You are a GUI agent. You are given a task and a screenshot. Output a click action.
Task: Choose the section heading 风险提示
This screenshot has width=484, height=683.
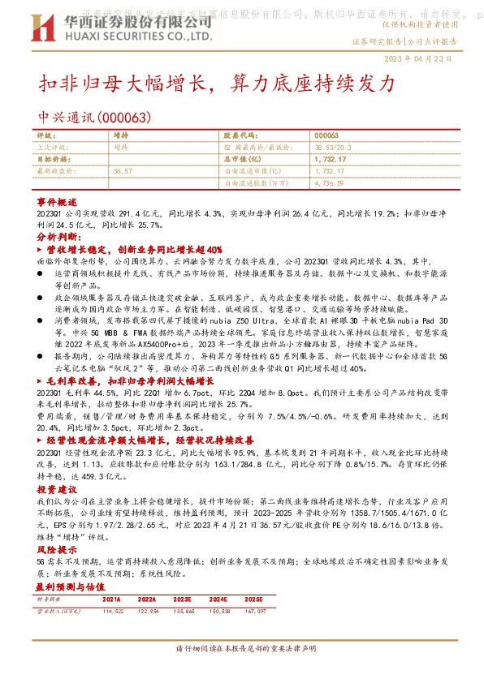56,549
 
